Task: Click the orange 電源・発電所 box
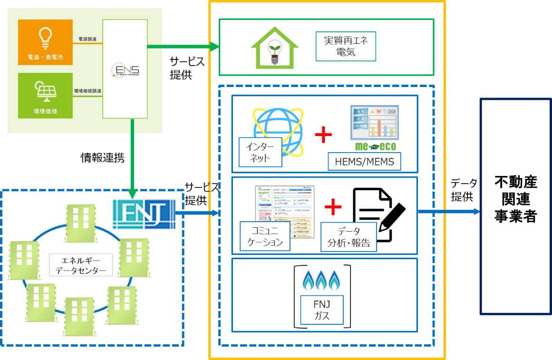(x=46, y=42)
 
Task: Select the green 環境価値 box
(x=46, y=95)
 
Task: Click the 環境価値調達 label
(x=87, y=91)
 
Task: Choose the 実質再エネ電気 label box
(x=346, y=47)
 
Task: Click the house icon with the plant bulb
(x=274, y=48)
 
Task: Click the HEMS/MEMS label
(x=364, y=162)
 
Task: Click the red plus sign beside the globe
(x=323, y=135)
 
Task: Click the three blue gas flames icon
(x=322, y=280)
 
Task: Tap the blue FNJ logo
(x=144, y=214)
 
